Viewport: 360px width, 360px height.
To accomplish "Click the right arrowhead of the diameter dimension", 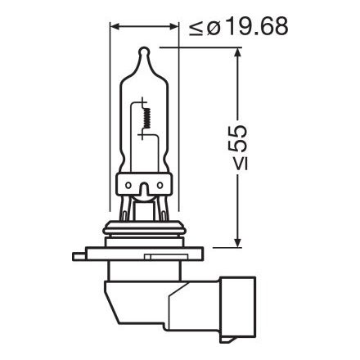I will pos(176,26).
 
